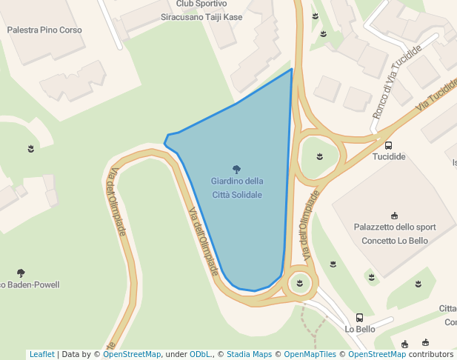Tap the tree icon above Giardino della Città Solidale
pyautogui.click(x=236, y=169)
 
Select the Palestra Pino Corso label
pyautogui.click(x=44, y=30)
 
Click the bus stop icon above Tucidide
pyautogui.click(x=389, y=145)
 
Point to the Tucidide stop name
pyautogui.click(x=389, y=157)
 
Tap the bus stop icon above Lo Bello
pyautogui.click(x=360, y=317)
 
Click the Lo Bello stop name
pyautogui.click(x=360, y=329)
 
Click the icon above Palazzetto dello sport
pyautogui.click(x=394, y=216)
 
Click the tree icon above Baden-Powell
pyautogui.click(x=21, y=273)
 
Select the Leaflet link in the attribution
pyautogui.click(x=41, y=355)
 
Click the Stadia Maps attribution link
pyautogui.click(x=249, y=355)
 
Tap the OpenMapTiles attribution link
pyautogui.click(x=310, y=355)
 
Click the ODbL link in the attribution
pyautogui.click(x=200, y=355)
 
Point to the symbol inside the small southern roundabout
pyautogui.click(x=300, y=282)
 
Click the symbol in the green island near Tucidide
pyautogui.click(x=319, y=156)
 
